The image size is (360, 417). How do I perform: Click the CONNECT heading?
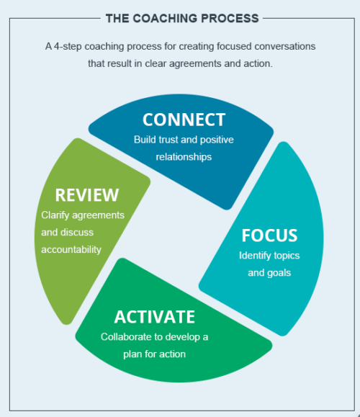tap(184, 120)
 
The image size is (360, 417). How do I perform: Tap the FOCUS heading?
tap(269, 236)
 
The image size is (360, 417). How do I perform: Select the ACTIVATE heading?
tap(155, 317)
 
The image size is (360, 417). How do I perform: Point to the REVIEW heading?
tap(87, 195)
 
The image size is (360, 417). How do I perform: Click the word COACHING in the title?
tap(165, 18)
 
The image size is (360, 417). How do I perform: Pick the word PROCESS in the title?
tap(230, 18)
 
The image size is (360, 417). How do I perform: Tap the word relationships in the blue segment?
tap(184, 157)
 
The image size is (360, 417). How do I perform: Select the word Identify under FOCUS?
tap(254, 256)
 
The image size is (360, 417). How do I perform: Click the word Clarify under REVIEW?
tap(55, 215)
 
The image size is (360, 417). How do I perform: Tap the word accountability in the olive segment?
tap(71, 250)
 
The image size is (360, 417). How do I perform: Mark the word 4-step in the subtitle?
tap(68, 46)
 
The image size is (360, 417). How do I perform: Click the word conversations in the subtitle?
tap(284, 46)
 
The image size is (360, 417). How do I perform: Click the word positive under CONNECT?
tap(217, 140)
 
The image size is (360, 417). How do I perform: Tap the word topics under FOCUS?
tap(287, 256)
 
